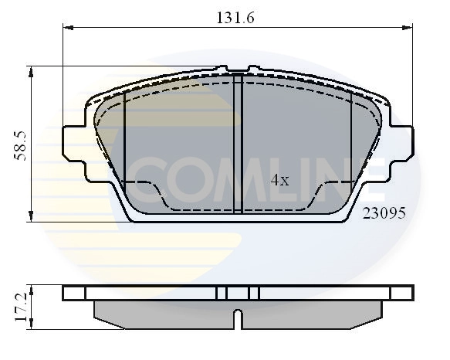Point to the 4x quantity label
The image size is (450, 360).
click(x=279, y=181)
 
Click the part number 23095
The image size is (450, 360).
click(x=384, y=214)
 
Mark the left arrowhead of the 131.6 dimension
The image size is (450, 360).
click(x=67, y=28)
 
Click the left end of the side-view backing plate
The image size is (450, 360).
click(x=66, y=293)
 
